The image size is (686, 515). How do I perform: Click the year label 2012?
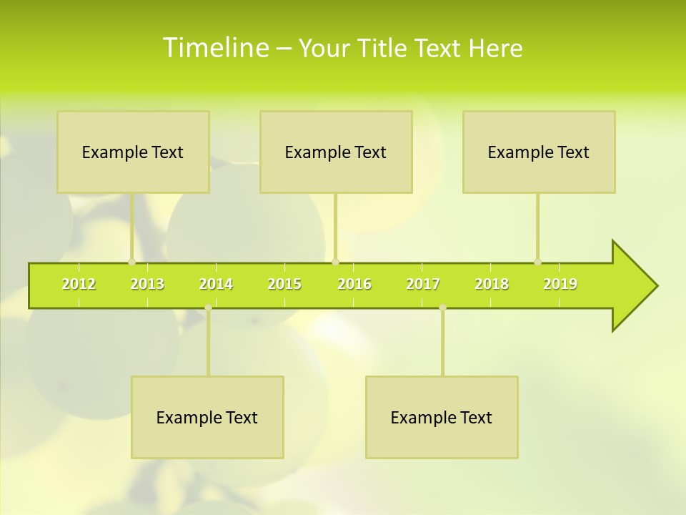pyautogui.click(x=79, y=284)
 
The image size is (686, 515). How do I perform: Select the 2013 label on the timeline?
pyautogui.click(x=147, y=284)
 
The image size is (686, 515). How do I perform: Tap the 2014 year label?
pyautogui.click(x=216, y=284)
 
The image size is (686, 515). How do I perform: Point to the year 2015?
pyautogui.click(x=284, y=284)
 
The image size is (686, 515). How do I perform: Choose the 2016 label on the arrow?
pyautogui.click(x=354, y=284)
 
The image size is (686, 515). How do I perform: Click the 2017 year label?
pyautogui.click(x=423, y=284)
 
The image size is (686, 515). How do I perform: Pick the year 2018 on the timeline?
pyautogui.click(x=492, y=284)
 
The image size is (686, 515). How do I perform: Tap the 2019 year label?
pyautogui.click(x=560, y=284)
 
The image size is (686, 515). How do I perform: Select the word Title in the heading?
pyautogui.click(x=384, y=49)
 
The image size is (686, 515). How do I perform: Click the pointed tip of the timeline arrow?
pyautogui.click(x=655, y=286)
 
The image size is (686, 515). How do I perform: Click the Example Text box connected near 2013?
pyautogui.click(x=133, y=152)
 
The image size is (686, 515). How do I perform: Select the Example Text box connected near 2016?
pyautogui.click(x=336, y=152)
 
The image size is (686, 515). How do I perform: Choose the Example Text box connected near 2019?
pyautogui.click(x=539, y=152)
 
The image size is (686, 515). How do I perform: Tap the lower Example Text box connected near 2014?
pyautogui.click(x=207, y=417)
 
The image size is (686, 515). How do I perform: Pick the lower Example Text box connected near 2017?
pyautogui.click(x=442, y=417)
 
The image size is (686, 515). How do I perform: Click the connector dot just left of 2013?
pyautogui.click(x=131, y=262)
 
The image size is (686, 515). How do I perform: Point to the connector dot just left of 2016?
pyautogui.click(x=336, y=262)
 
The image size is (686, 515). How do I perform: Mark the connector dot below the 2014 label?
pyautogui.click(x=208, y=308)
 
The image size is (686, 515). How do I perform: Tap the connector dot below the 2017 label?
pyautogui.click(x=442, y=308)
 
